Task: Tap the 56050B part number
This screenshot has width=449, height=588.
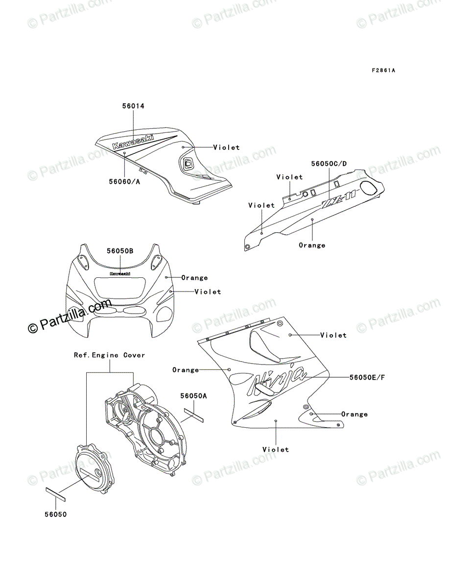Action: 120,251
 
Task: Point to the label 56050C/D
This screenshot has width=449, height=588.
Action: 329,163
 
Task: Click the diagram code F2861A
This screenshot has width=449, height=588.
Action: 383,71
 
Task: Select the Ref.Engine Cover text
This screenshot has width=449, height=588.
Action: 109,355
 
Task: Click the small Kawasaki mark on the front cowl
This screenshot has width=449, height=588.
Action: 120,274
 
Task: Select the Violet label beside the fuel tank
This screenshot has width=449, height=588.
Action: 226,147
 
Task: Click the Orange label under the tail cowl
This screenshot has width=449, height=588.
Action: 312,245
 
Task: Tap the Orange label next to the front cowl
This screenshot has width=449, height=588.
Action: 194,278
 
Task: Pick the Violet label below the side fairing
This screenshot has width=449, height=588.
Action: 276,449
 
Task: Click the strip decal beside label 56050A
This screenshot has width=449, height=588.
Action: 195,415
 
